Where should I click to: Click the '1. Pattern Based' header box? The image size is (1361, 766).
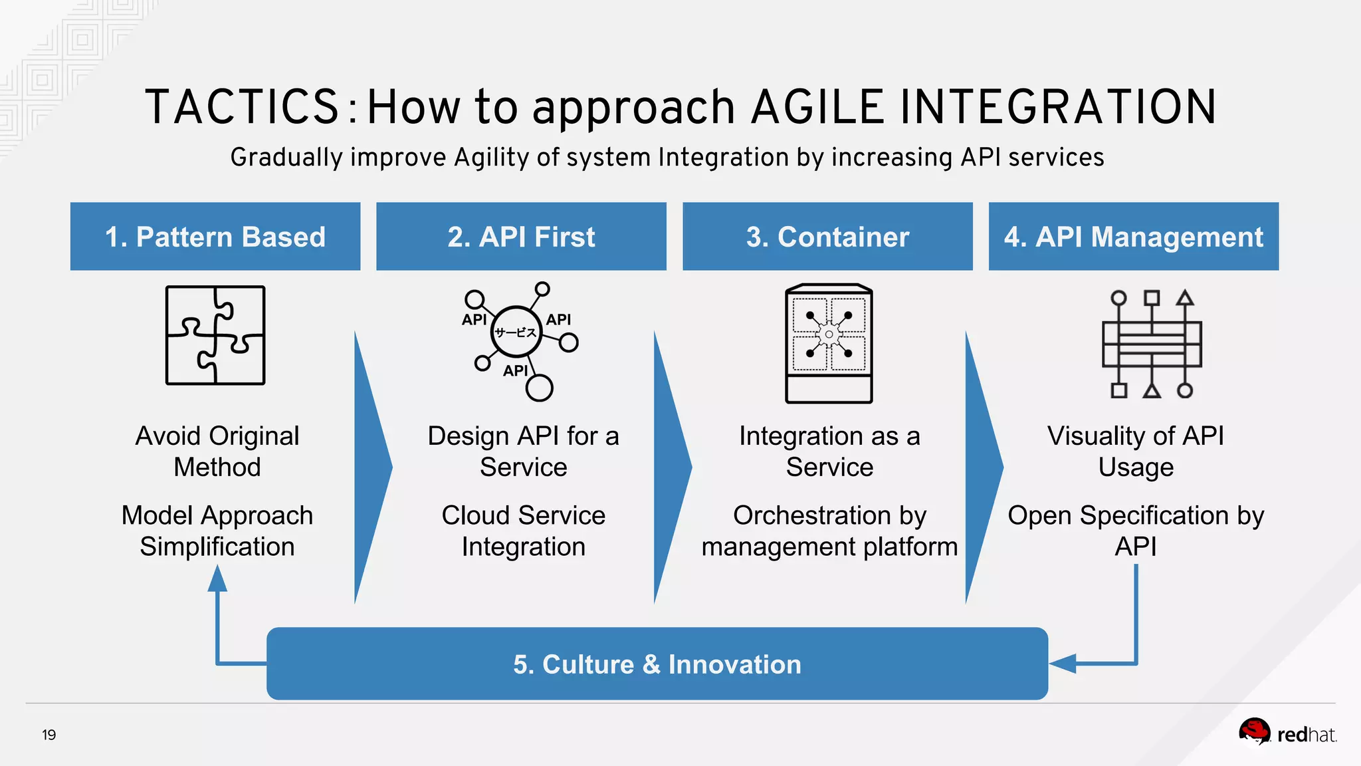pos(215,237)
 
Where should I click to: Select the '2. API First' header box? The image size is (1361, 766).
pos(521,237)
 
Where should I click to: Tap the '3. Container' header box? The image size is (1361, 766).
pos(827,237)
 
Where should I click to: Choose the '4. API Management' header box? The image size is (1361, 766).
pos(1133,237)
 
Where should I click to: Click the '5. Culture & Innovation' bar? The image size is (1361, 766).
pos(657,664)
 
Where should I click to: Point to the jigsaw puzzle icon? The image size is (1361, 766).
pos(215,335)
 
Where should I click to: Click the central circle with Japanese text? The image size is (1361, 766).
pos(516,332)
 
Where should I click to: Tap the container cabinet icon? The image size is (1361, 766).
pos(829,343)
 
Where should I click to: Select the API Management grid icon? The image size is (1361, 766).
pos(1152,344)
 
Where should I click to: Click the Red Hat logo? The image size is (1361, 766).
pos(1286,733)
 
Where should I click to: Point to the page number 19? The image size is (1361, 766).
pos(49,735)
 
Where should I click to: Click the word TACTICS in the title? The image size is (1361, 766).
pos(243,107)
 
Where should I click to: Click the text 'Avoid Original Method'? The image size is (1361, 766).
pos(217,451)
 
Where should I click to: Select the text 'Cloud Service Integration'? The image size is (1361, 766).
pos(523,531)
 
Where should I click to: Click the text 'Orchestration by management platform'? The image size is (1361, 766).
pos(829,531)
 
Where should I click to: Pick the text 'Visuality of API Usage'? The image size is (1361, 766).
pos(1136,451)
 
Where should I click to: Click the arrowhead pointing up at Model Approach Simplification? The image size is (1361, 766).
pos(217,578)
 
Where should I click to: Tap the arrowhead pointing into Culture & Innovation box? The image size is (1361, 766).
pos(1063,664)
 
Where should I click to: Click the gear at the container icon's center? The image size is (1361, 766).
pos(829,334)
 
